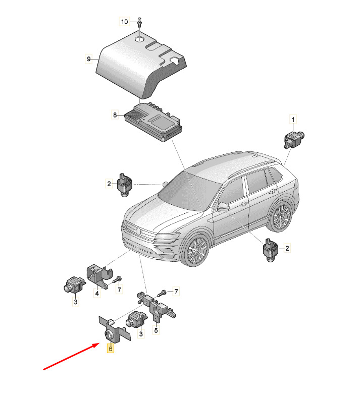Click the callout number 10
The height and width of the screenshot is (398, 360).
[x=124, y=22]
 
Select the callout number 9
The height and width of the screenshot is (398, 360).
[x=89, y=59]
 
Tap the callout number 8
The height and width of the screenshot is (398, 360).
[x=115, y=115]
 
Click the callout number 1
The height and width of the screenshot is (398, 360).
[x=293, y=120]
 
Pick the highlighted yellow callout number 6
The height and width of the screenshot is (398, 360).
[x=110, y=349]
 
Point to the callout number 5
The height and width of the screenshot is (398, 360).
[x=156, y=330]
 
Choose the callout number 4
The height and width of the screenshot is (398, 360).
[x=97, y=294]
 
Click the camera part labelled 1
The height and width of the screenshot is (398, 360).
[x=293, y=139]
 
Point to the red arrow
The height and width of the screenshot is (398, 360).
[x=71, y=356]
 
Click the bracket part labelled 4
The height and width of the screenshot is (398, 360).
[x=99, y=276]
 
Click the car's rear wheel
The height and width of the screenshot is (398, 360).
[x=281, y=217]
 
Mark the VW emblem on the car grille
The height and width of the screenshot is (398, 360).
[x=138, y=231]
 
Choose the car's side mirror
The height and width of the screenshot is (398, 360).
[x=223, y=207]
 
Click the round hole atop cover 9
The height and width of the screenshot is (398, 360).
[x=139, y=39]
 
